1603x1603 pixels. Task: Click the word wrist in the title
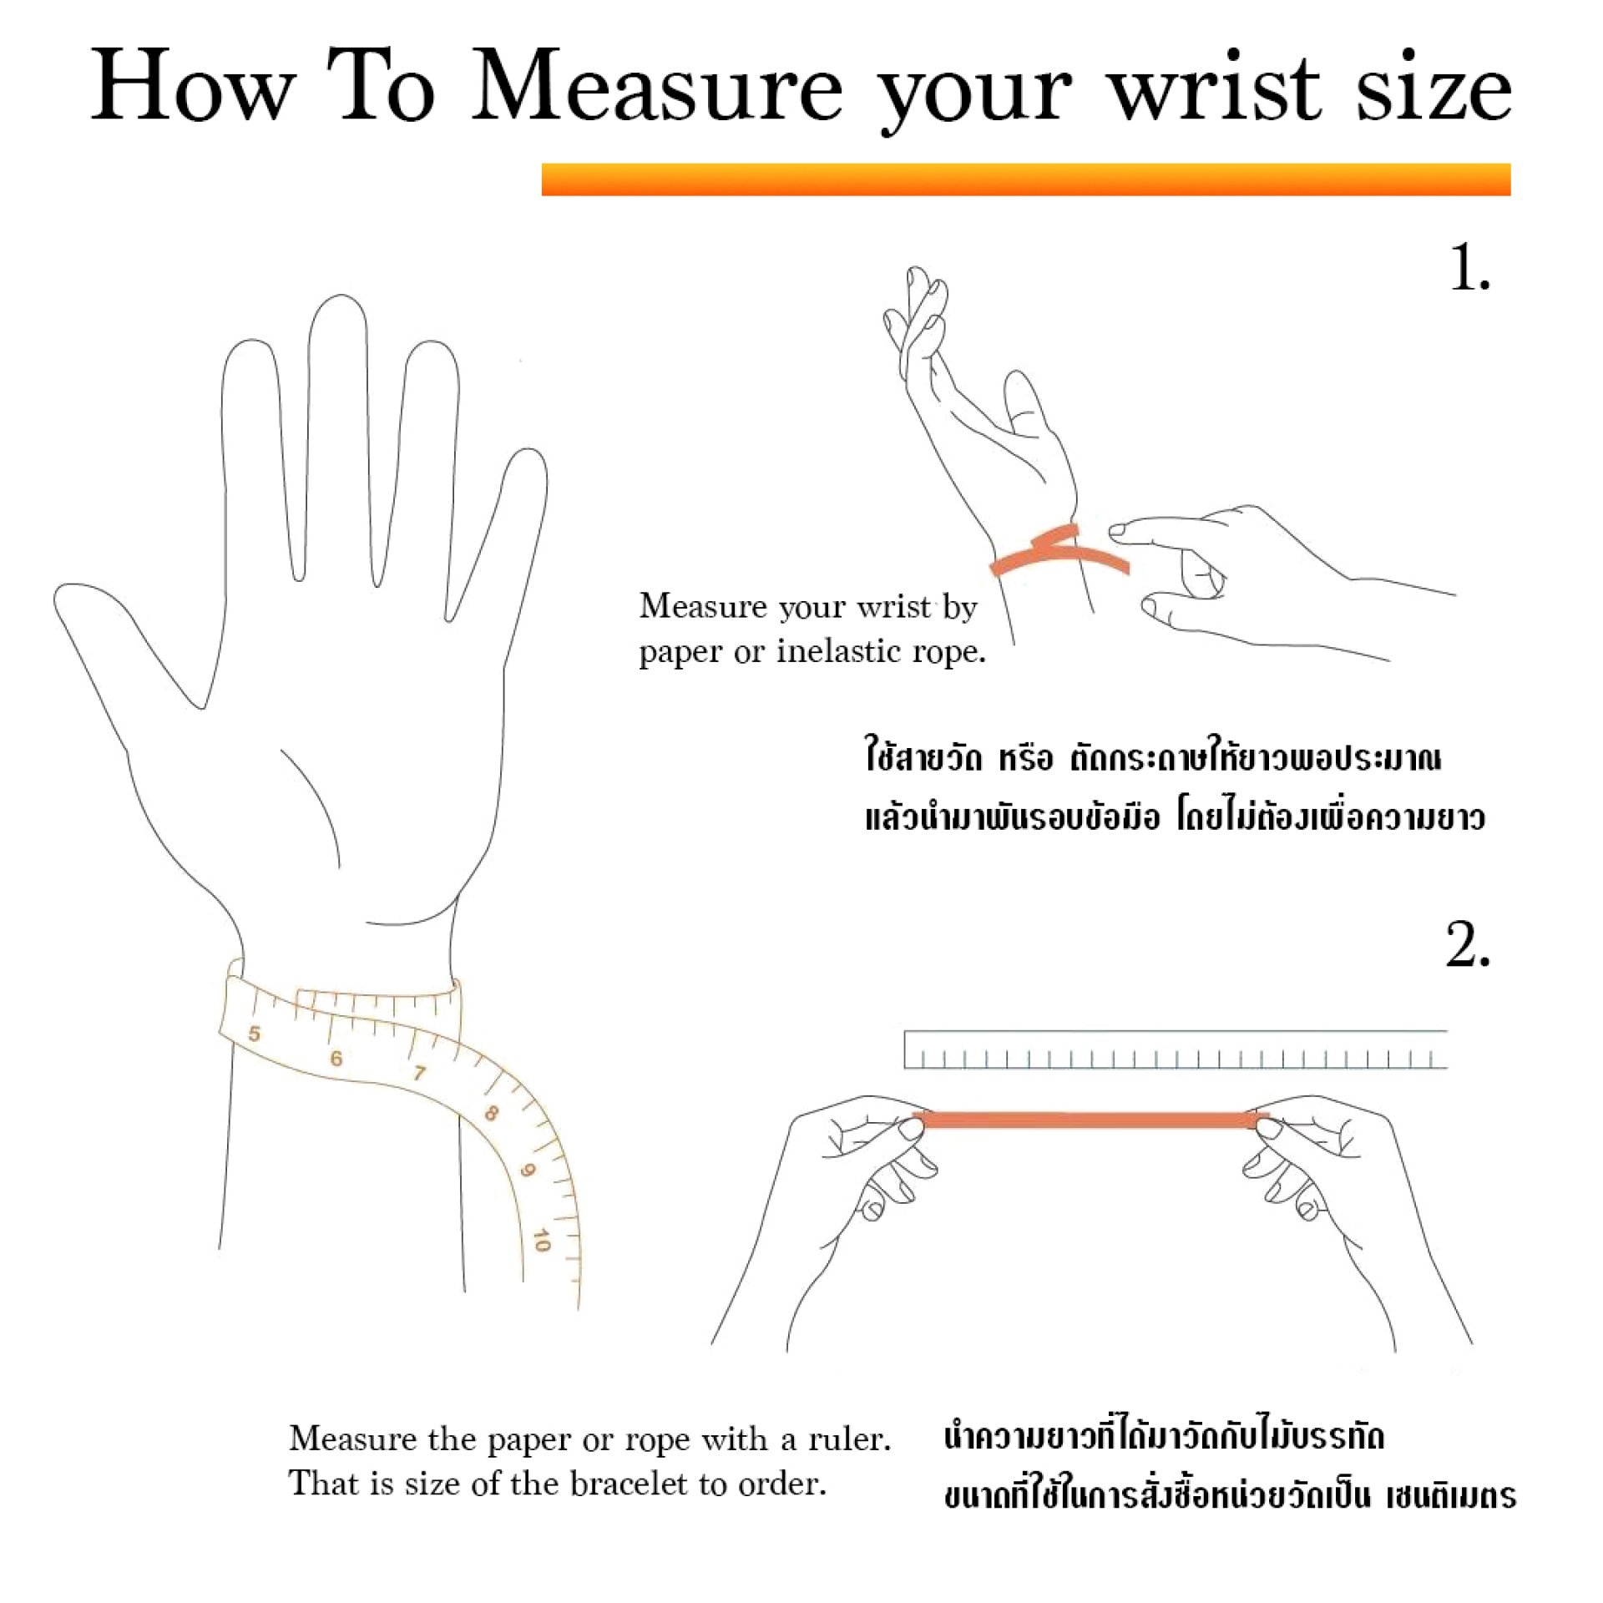pos(1216,86)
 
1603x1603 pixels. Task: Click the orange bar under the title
pos(1026,180)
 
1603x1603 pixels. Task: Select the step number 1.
pos(1469,269)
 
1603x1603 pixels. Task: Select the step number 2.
pos(1468,944)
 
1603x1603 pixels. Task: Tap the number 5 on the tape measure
pos(255,1034)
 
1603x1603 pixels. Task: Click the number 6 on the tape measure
pos(336,1059)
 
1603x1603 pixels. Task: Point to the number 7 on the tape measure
pos(418,1072)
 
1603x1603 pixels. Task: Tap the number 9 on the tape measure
pos(527,1171)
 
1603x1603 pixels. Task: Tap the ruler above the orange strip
pos(1176,1049)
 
